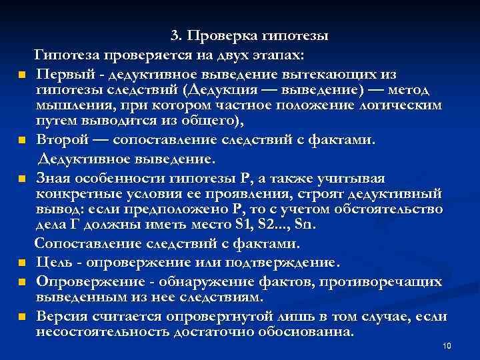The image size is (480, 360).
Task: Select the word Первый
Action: tap(63, 72)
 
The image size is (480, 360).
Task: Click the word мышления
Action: tap(67, 107)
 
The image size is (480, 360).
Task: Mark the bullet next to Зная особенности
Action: tap(21, 179)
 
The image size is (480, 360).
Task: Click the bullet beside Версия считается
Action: tap(21, 317)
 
